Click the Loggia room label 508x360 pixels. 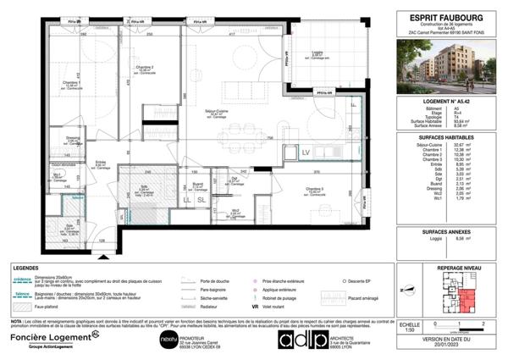(317, 53)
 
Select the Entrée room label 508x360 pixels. (100, 163)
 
